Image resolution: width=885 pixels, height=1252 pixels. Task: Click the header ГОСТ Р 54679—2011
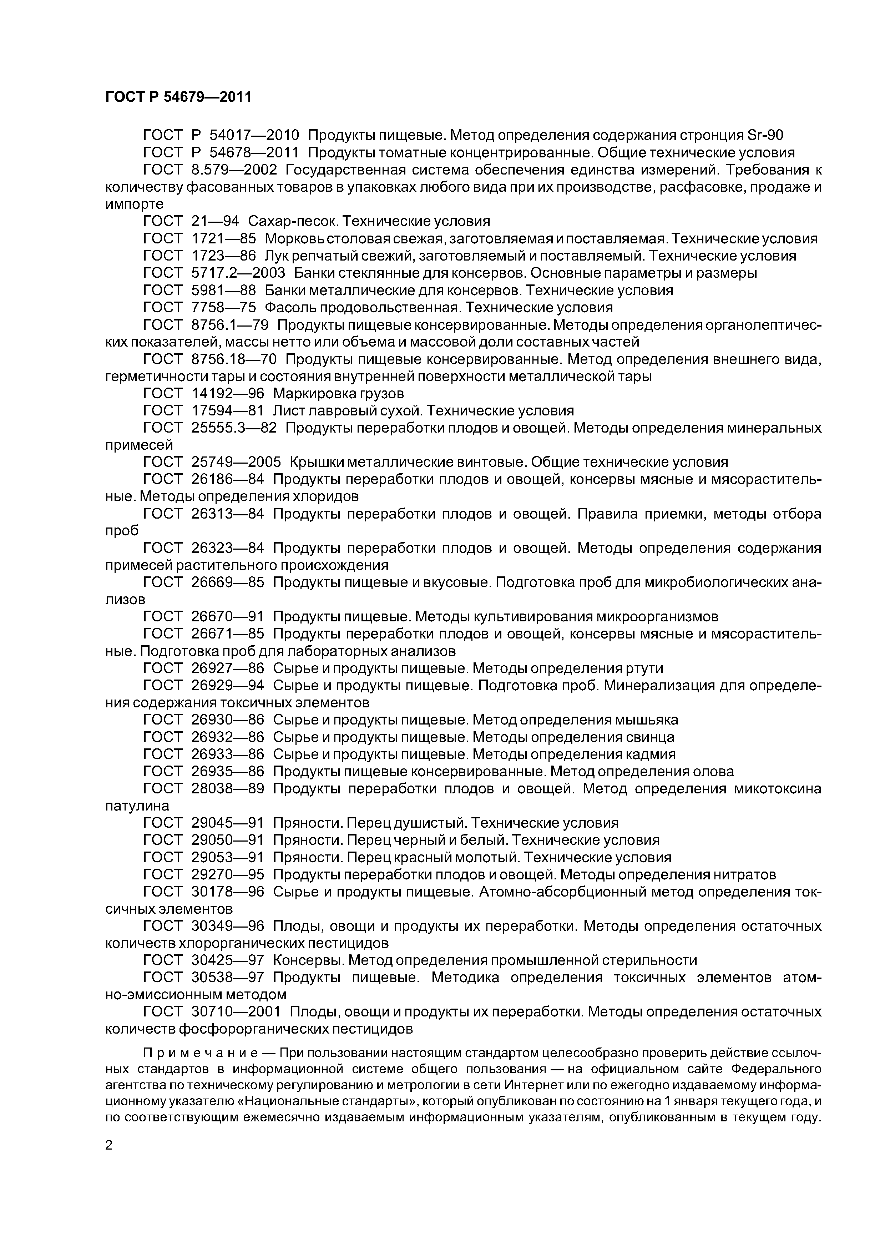pyautogui.click(x=178, y=97)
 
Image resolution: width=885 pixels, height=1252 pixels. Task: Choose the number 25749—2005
pyautogui.click(x=236, y=463)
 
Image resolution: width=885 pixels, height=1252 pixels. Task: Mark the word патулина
pyautogui.click(x=137, y=806)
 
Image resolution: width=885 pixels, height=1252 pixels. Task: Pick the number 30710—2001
pyautogui.click(x=236, y=1012)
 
